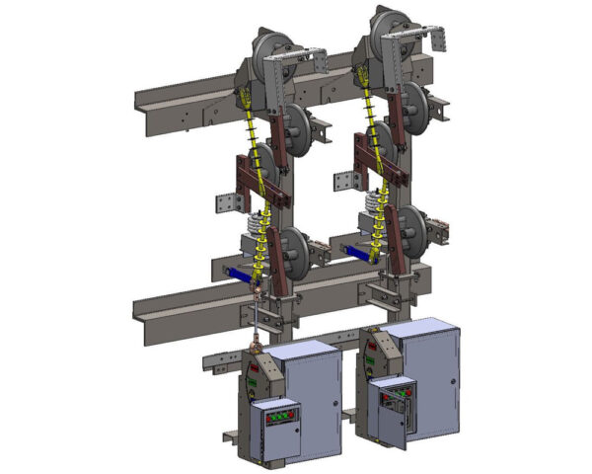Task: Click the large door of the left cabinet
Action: pyautogui.click(x=313, y=390)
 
